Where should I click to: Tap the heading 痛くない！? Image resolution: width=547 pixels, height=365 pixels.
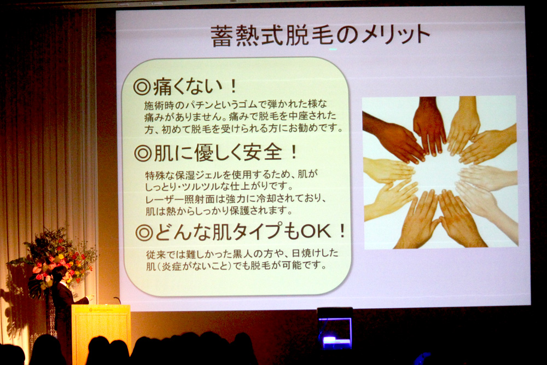(185, 86)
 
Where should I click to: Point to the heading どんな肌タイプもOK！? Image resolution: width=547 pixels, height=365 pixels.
(241, 231)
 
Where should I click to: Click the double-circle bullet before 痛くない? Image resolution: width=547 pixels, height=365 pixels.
(142, 87)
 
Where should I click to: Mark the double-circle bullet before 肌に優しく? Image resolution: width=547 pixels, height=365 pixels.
(143, 153)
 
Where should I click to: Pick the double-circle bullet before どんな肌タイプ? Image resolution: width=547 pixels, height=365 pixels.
(144, 233)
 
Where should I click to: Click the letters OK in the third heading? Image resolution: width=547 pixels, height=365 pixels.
(316, 231)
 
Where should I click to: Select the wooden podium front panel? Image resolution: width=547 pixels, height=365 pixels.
(101, 330)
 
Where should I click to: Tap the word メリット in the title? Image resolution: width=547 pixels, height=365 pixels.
(395, 35)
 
